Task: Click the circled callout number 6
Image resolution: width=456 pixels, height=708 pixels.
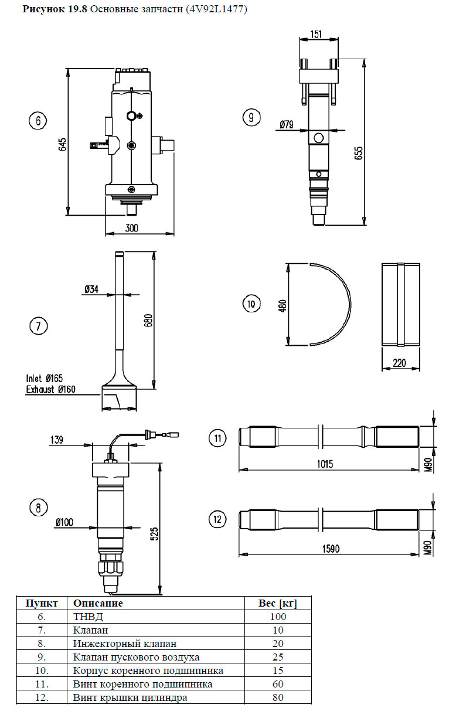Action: pyautogui.click(x=38, y=121)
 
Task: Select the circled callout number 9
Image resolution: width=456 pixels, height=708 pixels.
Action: pyautogui.click(x=251, y=117)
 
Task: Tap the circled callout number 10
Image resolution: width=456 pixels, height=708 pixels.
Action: pyautogui.click(x=251, y=304)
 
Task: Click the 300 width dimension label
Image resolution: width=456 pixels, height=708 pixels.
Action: pyautogui.click(x=132, y=228)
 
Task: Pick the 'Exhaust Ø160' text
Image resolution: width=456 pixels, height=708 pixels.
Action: pyautogui.click(x=50, y=389)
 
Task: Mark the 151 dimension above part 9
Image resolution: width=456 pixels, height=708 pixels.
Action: pyautogui.click(x=316, y=35)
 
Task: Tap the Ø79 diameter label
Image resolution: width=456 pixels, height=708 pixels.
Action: pyautogui.click(x=287, y=124)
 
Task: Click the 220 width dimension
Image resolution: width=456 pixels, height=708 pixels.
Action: pyautogui.click(x=400, y=363)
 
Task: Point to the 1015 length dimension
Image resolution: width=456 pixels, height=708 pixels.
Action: pyautogui.click(x=325, y=464)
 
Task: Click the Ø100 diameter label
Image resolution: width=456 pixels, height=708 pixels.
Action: pyautogui.click(x=65, y=522)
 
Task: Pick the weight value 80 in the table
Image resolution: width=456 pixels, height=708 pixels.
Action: pyautogui.click(x=278, y=698)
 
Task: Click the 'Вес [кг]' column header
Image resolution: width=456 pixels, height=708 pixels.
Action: pyautogui.click(x=278, y=603)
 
